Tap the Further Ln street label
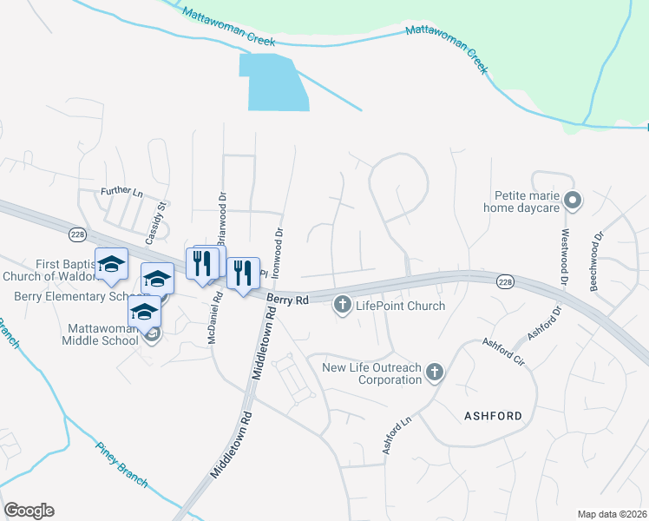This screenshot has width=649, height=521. [121, 191]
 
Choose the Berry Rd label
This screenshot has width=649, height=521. [288, 300]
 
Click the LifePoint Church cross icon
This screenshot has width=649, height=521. [343, 305]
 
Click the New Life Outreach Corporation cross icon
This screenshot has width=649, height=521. [435, 373]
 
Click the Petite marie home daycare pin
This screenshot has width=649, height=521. [572, 201]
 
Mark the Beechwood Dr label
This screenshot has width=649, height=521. [596, 260]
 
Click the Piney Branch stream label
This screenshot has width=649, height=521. [121, 465]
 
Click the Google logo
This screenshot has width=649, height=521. [29, 511]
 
